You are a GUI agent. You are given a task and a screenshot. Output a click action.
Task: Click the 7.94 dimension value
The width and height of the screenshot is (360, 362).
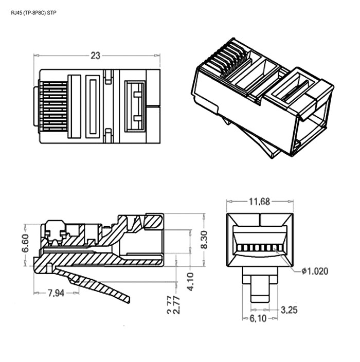tap(57, 293)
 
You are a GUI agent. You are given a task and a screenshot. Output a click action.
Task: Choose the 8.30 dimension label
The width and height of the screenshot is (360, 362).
tap(204, 240)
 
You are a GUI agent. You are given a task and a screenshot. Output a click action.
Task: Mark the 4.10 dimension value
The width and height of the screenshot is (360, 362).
tap(191, 282)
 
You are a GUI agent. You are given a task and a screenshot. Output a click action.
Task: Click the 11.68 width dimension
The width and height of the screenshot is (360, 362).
tap(260, 202)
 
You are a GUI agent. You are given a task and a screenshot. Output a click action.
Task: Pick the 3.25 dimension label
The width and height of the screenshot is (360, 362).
tap(290, 310)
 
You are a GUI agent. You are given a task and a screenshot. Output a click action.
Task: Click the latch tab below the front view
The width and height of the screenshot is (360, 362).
tap(260, 291)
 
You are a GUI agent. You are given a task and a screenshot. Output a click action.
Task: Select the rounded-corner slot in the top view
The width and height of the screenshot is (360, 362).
tap(93, 107)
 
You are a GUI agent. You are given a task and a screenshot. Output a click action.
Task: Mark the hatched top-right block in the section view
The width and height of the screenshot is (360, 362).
tap(153, 221)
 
